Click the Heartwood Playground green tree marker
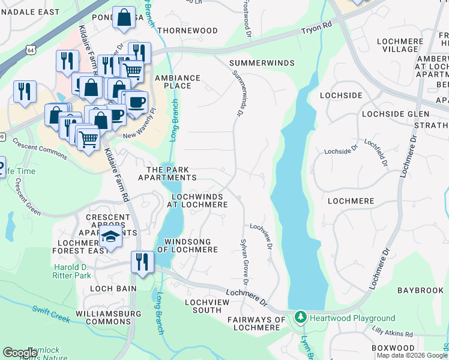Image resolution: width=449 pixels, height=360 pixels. [301, 317]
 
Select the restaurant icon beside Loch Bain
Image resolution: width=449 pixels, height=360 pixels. [142, 262]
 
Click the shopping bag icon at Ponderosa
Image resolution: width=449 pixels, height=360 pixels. [124, 18]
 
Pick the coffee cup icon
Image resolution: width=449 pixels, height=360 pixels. [136, 101]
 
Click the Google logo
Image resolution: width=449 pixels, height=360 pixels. [20, 353]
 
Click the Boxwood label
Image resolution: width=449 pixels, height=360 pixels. [393, 348]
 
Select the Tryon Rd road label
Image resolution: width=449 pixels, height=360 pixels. [318, 28]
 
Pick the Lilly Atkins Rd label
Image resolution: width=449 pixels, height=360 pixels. [392, 334]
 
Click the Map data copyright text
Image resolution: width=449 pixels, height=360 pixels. [412, 355]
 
